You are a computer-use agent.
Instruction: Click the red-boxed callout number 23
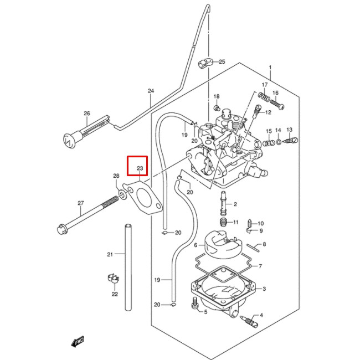[x=140, y=168]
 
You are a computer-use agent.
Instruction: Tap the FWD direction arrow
[x=78, y=341]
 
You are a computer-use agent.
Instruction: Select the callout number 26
[x=87, y=113]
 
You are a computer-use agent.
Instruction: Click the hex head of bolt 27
[x=61, y=229]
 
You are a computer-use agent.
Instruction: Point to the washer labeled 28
[x=122, y=195]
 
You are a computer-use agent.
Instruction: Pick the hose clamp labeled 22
[x=113, y=279]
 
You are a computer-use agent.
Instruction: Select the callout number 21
[x=110, y=254]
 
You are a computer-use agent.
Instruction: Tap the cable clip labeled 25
[x=205, y=63]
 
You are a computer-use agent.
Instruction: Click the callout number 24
[x=151, y=91]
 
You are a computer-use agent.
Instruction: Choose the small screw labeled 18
[x=217, y=107]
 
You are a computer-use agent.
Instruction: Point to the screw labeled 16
[x=277, y=104]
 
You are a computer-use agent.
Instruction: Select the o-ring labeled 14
[x=279, y=142]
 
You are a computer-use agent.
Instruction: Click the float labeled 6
[x=221, y=244]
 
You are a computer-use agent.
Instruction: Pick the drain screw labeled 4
[x=249, y=321]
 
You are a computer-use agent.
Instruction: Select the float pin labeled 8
[x=253, y=248]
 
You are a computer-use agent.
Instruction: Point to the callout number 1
[x=270, y=68]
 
